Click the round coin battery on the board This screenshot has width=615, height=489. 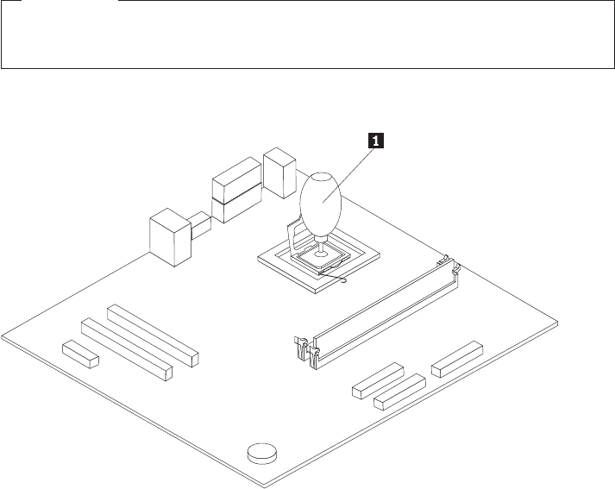(x=262, y=452)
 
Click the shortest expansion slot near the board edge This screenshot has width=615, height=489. (x=80, y=351)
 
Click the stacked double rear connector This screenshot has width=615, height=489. (x=234, y=191)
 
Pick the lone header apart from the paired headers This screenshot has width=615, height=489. (x=456, y=357)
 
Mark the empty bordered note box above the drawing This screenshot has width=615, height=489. (x=307, y=34)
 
